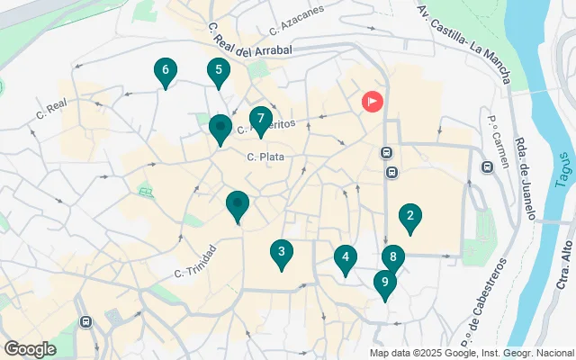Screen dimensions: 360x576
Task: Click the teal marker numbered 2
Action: pos(410,216)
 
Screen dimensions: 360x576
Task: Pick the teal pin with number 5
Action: pos(217,70)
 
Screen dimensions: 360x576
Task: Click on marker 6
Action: pos(165,70)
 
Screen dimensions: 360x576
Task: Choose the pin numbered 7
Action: pos(260,119)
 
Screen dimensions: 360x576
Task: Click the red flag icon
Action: pos(372,102)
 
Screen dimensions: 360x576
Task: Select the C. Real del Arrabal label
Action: pos(251,41)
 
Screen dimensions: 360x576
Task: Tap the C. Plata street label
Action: pos(265,157)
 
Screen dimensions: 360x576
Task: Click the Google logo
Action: pos(30,348)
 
